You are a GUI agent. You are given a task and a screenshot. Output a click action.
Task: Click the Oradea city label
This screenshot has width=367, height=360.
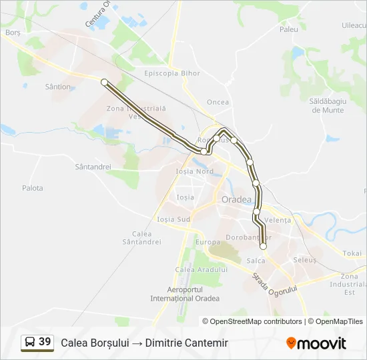(x=236, y=200)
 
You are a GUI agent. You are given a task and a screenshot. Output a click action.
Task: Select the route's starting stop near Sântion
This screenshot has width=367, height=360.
(x=104, y=82)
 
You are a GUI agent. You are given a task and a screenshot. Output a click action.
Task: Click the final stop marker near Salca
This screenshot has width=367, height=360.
(x=263, y=247)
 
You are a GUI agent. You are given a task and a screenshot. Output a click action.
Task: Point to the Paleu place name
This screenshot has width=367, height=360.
(x=289, y=29)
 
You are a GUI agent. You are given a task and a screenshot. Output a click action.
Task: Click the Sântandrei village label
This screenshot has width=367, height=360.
(x=93, y=167)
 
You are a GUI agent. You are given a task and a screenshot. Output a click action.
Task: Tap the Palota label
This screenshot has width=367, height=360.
(x=32, y=188)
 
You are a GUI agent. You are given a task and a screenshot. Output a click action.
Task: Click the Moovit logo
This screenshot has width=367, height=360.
(x=316, y=343)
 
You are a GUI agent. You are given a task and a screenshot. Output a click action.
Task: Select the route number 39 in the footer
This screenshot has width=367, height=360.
(x=45, y=342)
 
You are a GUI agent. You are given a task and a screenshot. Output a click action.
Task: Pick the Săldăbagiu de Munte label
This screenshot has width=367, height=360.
(x=327, y=105)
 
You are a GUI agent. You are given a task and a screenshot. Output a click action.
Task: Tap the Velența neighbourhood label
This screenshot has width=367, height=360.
(x=278, y=220)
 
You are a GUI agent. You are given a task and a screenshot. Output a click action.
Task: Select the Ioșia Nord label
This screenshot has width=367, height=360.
(x=194, y=171)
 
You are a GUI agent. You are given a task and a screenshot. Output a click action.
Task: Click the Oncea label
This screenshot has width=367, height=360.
(x=218, y=102)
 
